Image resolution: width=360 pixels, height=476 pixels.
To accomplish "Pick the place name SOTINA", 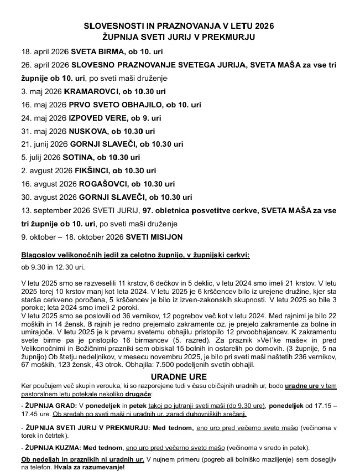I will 79,158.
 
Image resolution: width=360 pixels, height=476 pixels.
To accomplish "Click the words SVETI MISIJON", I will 154,237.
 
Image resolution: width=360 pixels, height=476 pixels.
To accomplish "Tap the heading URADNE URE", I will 180,376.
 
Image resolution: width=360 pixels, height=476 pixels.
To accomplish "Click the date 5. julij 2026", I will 41,158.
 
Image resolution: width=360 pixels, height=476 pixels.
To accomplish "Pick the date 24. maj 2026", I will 43,118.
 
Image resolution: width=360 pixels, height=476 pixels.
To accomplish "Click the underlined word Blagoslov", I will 38,255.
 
